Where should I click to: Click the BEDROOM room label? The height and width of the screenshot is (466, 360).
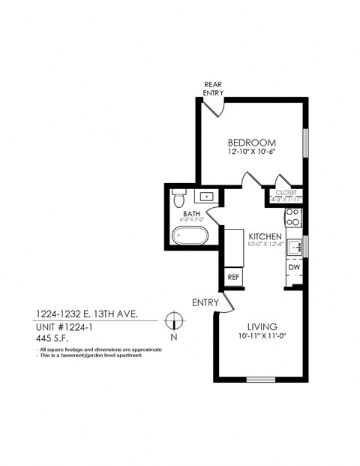click(x=251, y=143)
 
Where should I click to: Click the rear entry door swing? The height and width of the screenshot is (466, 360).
click(x=215, y=106)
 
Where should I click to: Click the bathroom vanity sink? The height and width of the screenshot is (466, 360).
click(x=206, y=197)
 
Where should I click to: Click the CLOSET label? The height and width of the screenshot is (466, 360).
click(x=286, y=192)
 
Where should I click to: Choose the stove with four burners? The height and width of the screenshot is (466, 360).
click(x=293, y=218)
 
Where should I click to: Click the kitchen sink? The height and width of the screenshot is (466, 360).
click(x=294, y=245)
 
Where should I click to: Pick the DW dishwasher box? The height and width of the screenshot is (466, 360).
click(x=294, y=267)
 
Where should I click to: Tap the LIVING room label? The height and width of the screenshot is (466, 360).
click(x=262, y=326)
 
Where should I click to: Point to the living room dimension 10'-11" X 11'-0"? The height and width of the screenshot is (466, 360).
click(x=262, y=337)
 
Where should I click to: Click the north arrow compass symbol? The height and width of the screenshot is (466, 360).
click(x=174, y=320)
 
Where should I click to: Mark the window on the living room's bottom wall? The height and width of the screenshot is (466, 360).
click(x=260, y=379)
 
